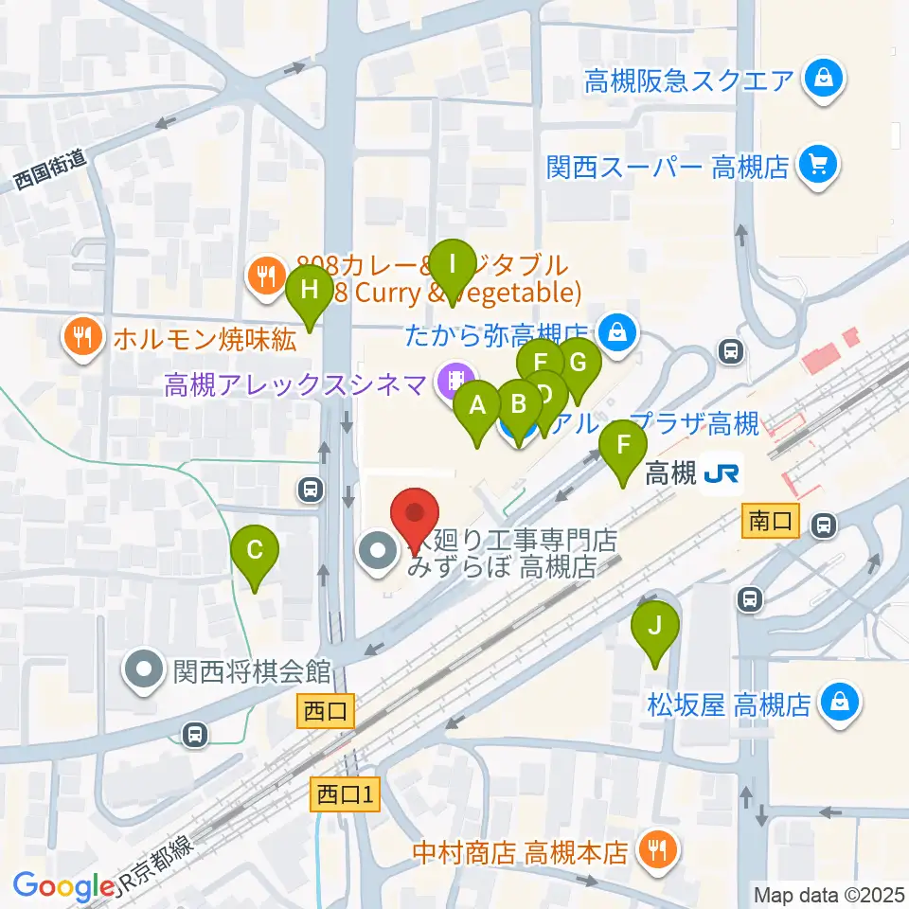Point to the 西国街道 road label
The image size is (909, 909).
[50, 171]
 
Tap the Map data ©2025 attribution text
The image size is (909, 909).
[829, 893]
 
